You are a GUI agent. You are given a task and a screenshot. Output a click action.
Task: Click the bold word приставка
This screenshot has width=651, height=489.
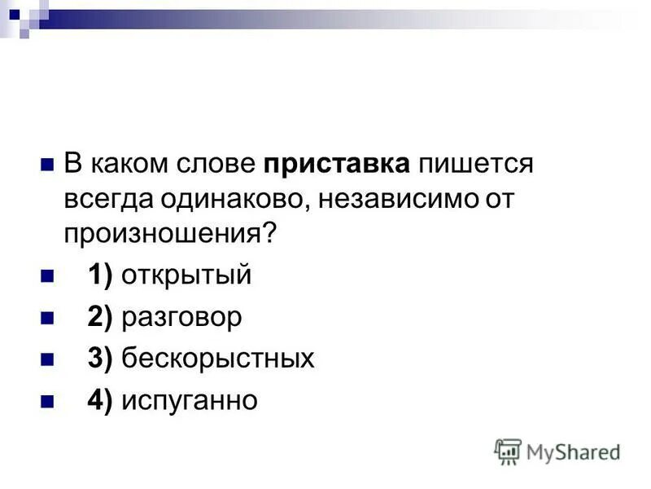336,164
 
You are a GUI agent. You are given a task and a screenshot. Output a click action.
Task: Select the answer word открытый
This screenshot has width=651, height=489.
186,275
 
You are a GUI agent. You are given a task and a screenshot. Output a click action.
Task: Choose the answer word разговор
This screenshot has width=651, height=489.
181,317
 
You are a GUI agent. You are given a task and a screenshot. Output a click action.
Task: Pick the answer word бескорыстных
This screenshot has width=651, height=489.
217,359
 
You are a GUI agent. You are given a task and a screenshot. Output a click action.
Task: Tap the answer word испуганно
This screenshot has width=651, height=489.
189,401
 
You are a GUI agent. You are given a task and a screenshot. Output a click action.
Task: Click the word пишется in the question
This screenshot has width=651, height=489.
475,164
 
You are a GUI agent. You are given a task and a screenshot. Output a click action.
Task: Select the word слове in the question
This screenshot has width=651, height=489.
218,164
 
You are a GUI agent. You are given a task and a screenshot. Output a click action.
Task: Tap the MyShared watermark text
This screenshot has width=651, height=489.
573,451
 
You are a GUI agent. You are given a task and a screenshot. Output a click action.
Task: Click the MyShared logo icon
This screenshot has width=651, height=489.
508,451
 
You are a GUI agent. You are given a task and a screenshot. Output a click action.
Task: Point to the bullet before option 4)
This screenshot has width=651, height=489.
46,401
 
